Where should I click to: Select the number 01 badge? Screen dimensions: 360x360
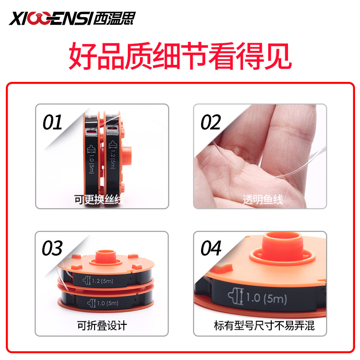point(53,122)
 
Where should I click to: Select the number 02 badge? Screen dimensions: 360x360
point(211,122)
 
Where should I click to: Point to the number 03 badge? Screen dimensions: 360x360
point(53,248)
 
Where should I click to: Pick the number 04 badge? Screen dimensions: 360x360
point(211,248)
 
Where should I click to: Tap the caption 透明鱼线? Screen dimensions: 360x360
point(263,199)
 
